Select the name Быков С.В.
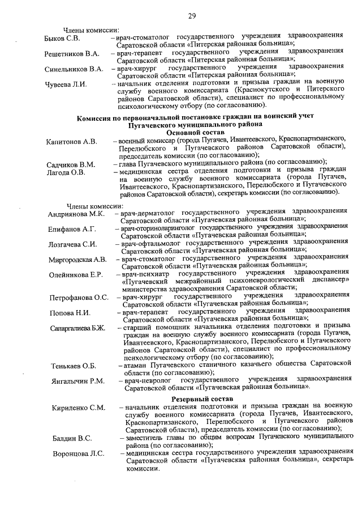click(62, 38)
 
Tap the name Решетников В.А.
click(72, 54)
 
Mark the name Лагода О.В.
click(66, 172)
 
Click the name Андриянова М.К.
click(76, 214)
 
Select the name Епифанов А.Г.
click(72, 229)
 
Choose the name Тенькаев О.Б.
click(74, 366)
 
